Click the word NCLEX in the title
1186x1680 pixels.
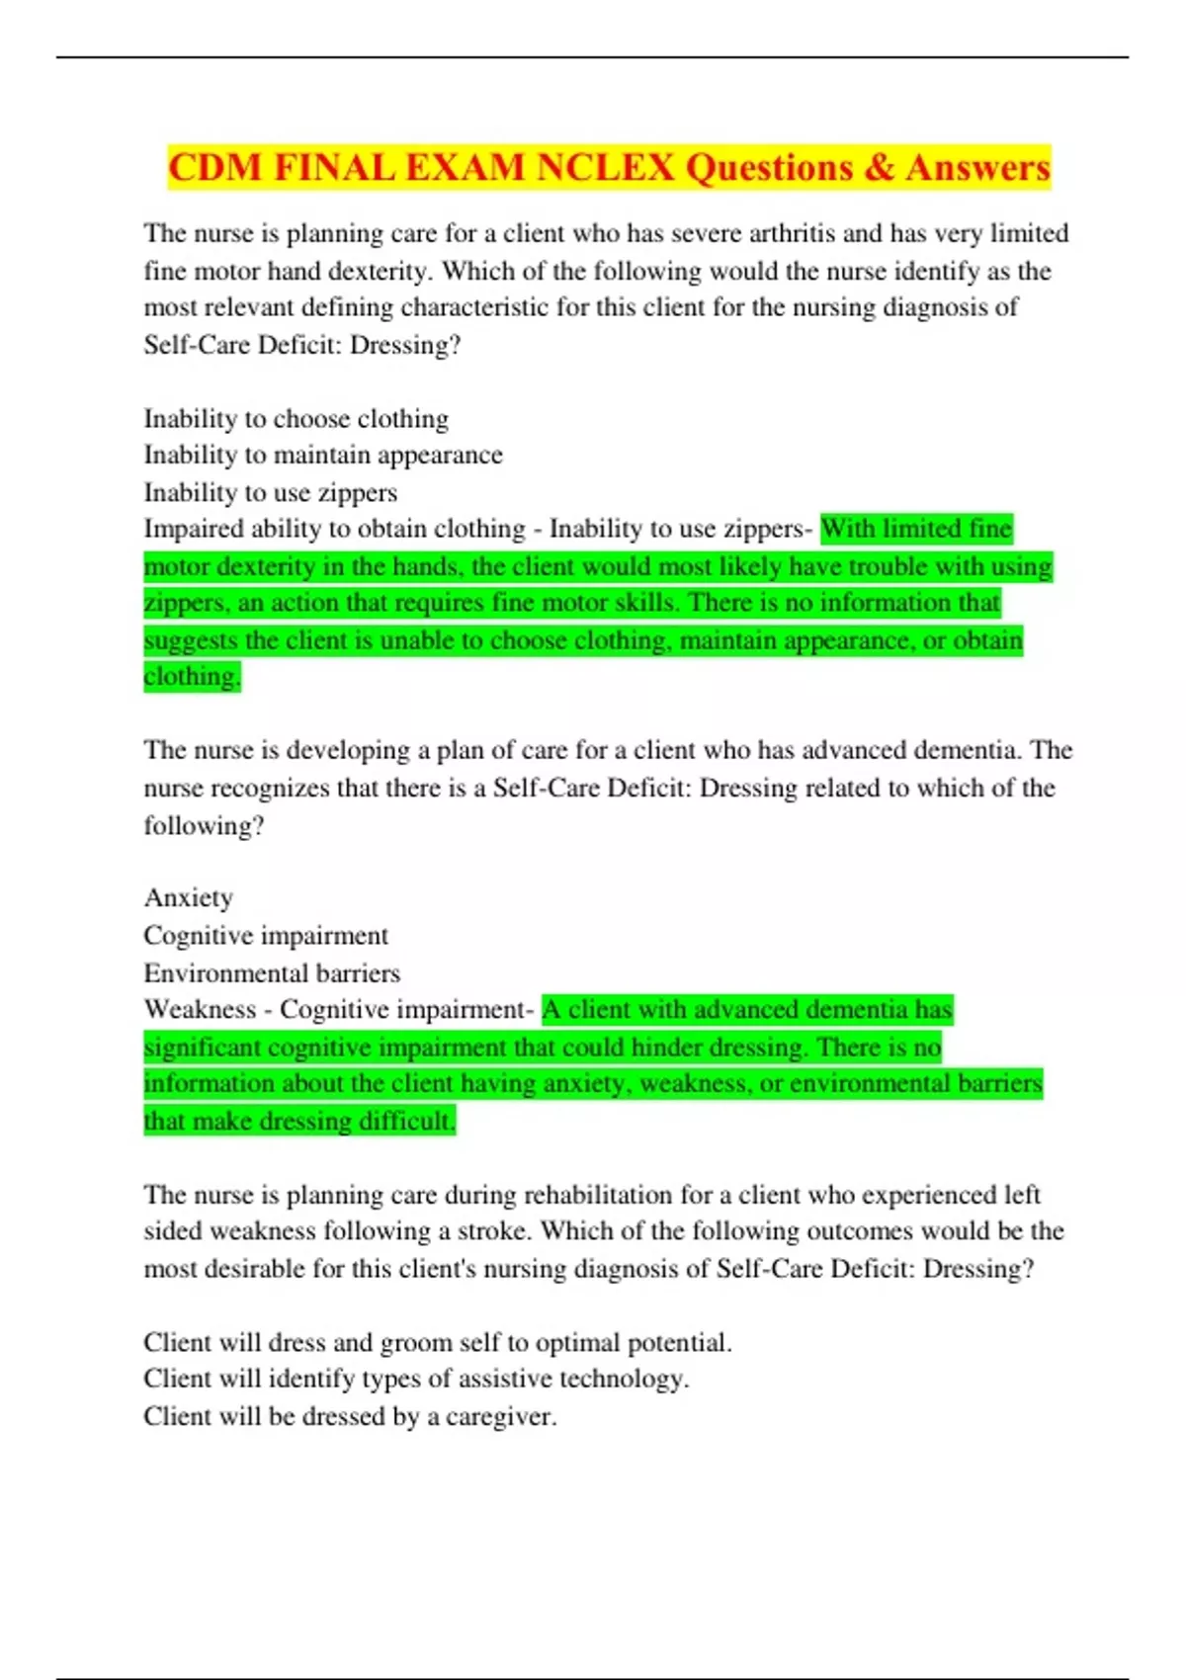click(605, 167)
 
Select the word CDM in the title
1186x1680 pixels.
click(214, 167)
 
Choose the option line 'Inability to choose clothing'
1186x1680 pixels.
click(296, 419)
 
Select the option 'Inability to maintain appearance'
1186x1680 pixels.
click(322, 456)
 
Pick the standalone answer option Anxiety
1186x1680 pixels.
click(188, 897)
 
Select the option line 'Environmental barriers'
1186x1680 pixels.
click(272, 973)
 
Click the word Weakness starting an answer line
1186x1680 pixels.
click(200, 1010)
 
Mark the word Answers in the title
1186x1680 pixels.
click(977, 167)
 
